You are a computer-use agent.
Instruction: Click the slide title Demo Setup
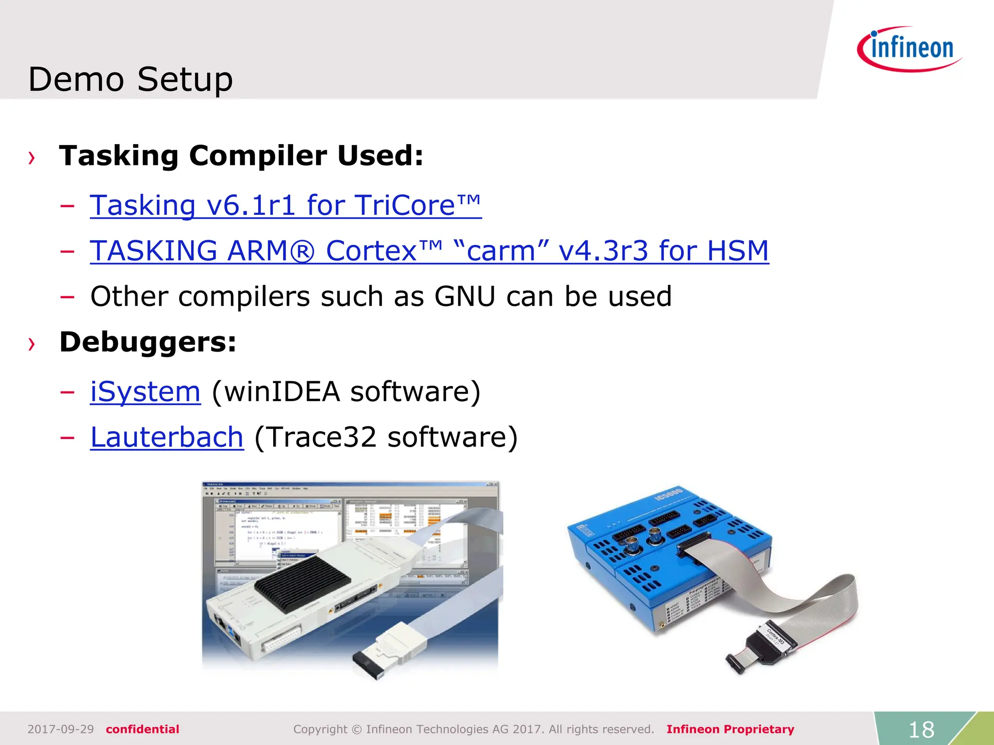tap(131, 79)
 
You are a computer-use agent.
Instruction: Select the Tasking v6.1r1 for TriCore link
tap(285, 205)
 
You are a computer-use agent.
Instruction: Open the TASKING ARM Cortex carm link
tap(429, 251)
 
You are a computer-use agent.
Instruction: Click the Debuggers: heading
tap(148, 342)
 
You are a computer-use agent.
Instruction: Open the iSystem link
tap(145, 391)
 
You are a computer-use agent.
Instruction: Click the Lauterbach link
tap(167, 437)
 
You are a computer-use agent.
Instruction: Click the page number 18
tap(921, 729)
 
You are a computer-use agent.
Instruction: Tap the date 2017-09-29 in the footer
tap(61, 729)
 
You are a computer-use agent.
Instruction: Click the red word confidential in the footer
tap(142, 729)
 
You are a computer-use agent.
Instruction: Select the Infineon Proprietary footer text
tap(730, 729)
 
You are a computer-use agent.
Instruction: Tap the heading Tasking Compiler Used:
tap(241, 156)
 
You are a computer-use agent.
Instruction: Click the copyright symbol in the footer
tap(357, 729)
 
